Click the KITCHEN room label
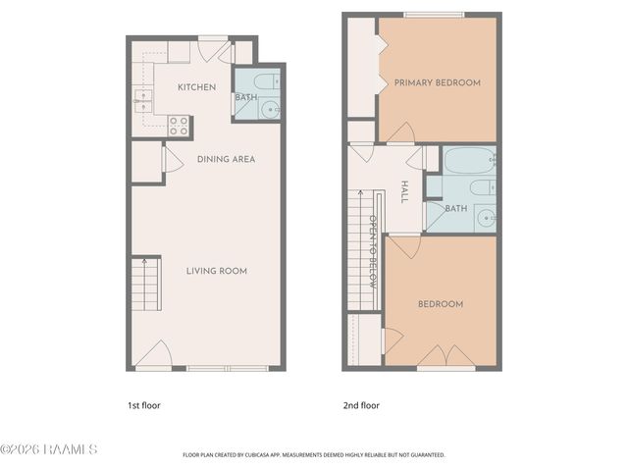coord(196,87)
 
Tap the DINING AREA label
coord(227,159)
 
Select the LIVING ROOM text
coord(217,271)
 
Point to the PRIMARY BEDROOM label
coord(438,83)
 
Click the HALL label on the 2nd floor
coord(404,191)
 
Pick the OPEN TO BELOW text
coord(373,244)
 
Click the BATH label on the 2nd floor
coord(456,208)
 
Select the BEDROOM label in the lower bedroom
coord(441,304)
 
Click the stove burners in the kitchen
coord(179,125)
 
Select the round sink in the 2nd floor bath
coord(485,217)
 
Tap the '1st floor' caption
coord(143,405)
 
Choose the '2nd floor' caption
coord(362,405)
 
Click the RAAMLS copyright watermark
coord(49,450)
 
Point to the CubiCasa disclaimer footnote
coord(314,455)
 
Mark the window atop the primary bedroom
coord(435,14)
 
